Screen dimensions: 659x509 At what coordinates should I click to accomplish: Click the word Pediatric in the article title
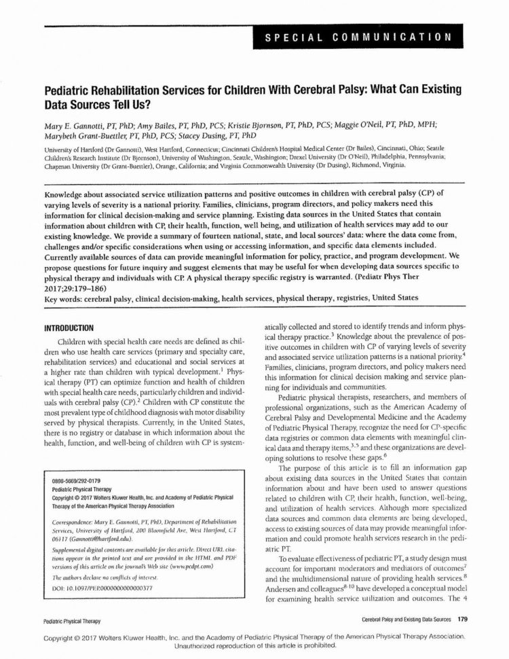point(71,90)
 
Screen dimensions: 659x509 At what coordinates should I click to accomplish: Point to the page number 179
point(464,620)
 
